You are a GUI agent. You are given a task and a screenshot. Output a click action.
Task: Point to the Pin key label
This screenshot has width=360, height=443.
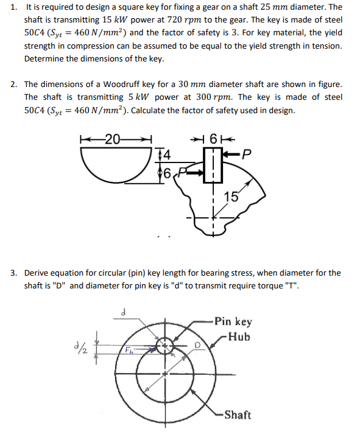pyautogui.click(x=233, y=321)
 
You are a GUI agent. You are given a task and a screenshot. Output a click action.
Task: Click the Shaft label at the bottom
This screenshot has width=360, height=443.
pyautogui.click(x=237, y=415)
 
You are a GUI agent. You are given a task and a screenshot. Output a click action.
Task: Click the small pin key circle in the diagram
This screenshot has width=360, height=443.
pyautogui.click(x=165, y=347)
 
